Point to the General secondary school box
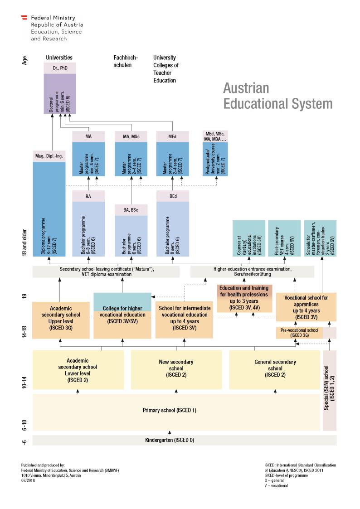tap(275, 368)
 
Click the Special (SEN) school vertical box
tap(330, 391)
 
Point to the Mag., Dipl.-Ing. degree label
tap(49, 156)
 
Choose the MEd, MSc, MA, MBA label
tap(215, 136)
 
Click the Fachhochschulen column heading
tap(126, 61)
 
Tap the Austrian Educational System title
tap(277, 95)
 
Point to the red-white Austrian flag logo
tap(25, 18)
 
